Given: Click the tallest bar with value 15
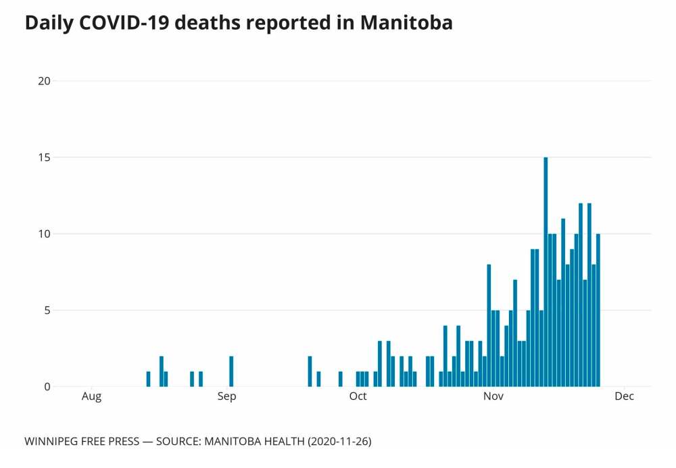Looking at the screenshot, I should pos(546,272).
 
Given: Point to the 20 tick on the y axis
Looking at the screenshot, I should pos(45,81).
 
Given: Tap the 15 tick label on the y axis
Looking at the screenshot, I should pos(45,158).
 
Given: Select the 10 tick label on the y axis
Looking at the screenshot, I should pos(45,234).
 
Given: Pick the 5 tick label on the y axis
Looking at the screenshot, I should pos(47,310).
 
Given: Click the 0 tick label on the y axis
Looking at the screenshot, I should pos(47,387).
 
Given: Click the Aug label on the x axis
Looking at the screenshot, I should pos(91,396).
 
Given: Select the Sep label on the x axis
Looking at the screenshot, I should pos(226,396).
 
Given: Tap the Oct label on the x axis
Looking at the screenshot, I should pos(358,396).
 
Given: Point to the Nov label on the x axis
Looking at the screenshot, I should pos(493,396).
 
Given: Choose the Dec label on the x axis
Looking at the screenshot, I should pos(624,396).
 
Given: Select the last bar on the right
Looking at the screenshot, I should pos(598,310).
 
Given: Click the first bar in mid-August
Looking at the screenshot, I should pos(148,379).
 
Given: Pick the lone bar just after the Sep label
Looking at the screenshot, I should pos(231,371).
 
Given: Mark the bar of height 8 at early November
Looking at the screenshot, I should pos(489,325).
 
